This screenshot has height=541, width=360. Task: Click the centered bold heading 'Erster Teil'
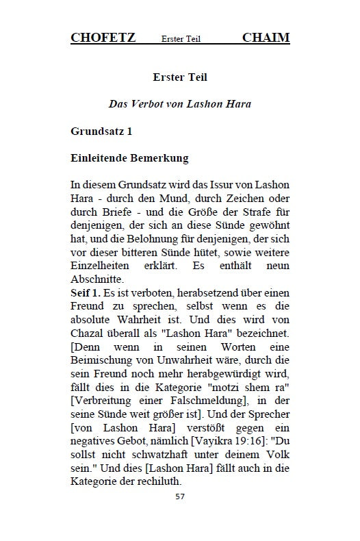click(180, 78)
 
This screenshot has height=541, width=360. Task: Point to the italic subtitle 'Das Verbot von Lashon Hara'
click(180, 104)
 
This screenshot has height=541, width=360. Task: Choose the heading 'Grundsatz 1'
click(101, 130)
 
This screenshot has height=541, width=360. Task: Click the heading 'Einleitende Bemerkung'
click(129, 158)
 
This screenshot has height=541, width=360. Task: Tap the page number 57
click(180, 494)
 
